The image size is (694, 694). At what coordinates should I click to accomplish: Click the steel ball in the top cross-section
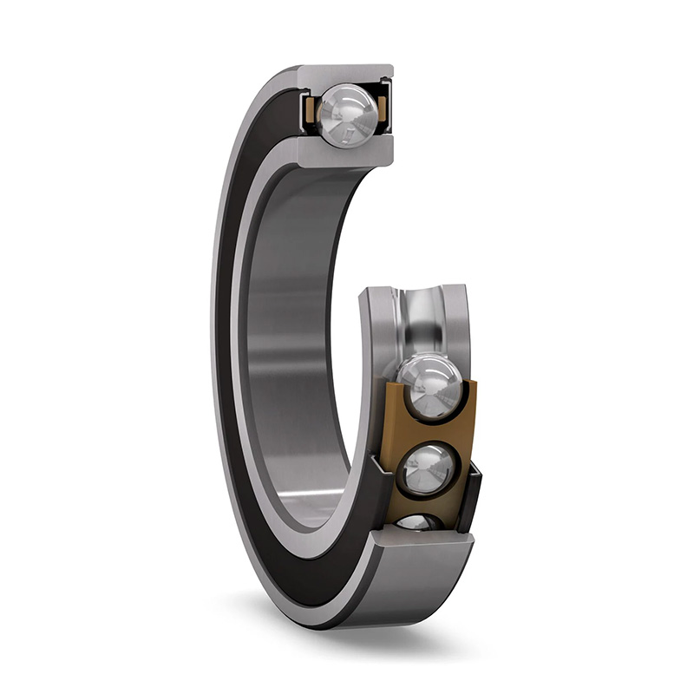(347, 112)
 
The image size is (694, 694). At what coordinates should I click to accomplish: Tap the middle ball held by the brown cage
(428, 468)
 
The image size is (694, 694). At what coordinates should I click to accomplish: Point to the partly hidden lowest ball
(417, 521)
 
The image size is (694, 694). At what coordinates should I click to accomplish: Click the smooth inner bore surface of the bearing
(295, 347)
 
